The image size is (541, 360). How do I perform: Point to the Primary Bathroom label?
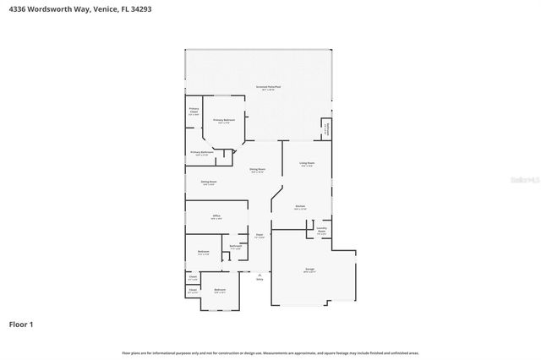[x=201, y=153]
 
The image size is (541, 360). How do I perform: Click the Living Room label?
[x=306, y=163]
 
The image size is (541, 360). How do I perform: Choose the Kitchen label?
[x=299, y=207]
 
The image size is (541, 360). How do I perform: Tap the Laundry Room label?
[x=321, y=229]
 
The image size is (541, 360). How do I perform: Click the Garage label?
[x=309, y=270]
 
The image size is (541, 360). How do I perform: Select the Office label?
[x=216, y=217]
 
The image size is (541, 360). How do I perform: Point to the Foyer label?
[x=260, y=236]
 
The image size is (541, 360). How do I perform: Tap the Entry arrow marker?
[x=260, y=274]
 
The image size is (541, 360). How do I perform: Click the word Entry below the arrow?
[x=260, y=280]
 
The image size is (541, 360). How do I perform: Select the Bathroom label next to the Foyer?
[x=235, y=247]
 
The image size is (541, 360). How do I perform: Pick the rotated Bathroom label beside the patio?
[x=327, y=128]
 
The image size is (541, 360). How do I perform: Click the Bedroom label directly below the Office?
[x=203, y=252]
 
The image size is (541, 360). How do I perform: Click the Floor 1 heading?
[x=21, y=324]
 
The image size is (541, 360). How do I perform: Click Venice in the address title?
[x=99, y=8]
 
